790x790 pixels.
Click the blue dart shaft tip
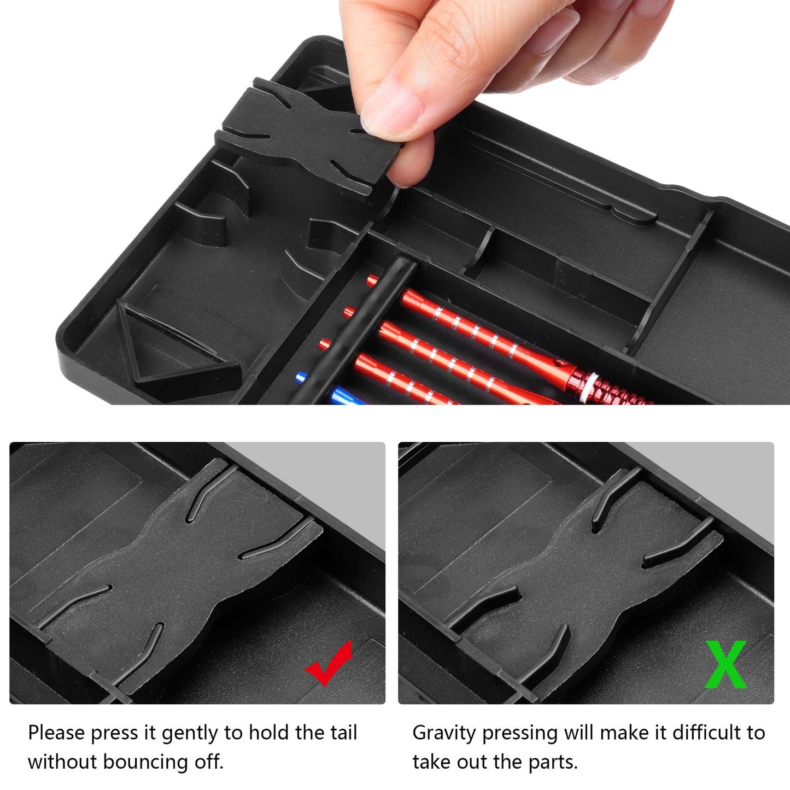301,377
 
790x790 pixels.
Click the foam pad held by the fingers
307,135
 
